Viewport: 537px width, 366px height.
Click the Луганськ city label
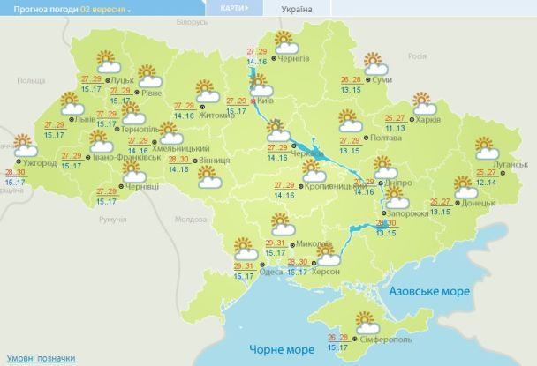click(510, 164)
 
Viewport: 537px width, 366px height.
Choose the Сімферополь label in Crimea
click(386, 340)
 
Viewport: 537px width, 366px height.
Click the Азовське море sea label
click(426, 290)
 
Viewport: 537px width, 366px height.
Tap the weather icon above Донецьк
click(465, 187)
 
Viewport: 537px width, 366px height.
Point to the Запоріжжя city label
click(408, 213)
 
